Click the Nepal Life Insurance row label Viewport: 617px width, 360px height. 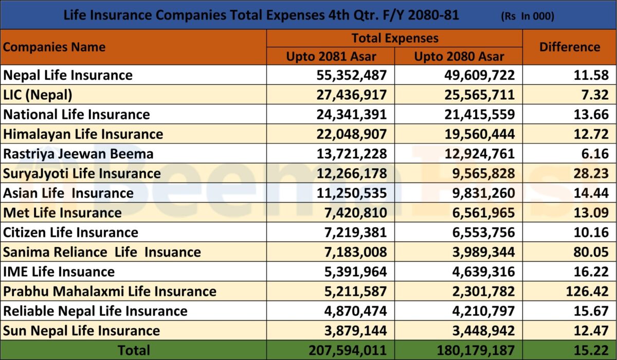68,75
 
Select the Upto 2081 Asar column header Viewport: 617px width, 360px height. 331,56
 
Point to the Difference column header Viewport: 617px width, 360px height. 569,47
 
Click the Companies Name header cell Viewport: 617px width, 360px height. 54,47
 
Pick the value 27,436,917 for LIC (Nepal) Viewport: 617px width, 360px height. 351,95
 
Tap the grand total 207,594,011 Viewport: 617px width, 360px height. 347,350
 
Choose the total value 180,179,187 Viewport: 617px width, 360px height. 475,350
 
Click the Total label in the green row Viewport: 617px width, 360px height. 134,350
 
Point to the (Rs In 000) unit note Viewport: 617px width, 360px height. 527,16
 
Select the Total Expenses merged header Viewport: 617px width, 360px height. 395,38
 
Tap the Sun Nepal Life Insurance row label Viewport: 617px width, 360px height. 81,331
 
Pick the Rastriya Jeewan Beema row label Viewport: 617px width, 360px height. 78,154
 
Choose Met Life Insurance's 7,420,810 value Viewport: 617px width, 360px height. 355,212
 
